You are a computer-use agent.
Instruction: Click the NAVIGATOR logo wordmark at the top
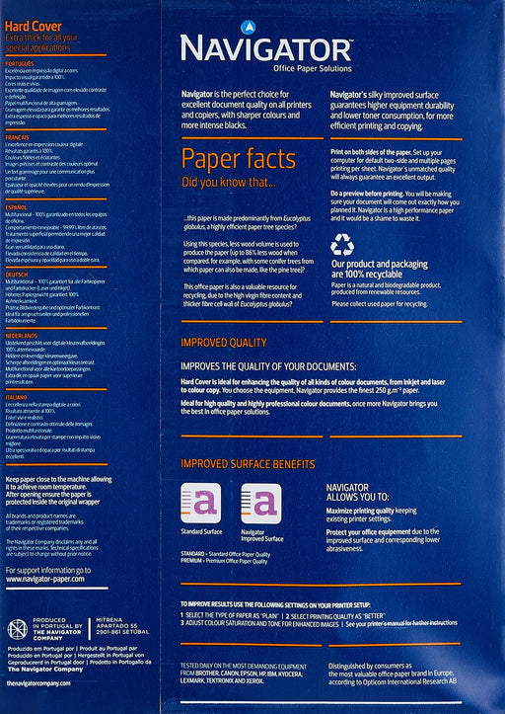265,48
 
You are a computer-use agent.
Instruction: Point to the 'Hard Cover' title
25,25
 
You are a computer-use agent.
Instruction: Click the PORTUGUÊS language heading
20,62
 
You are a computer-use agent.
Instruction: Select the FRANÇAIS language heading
18,136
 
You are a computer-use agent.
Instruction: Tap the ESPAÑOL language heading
18,205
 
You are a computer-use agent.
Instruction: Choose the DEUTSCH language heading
18,274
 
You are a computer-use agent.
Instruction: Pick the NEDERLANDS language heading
22,335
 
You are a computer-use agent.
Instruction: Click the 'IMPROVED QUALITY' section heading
222,343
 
